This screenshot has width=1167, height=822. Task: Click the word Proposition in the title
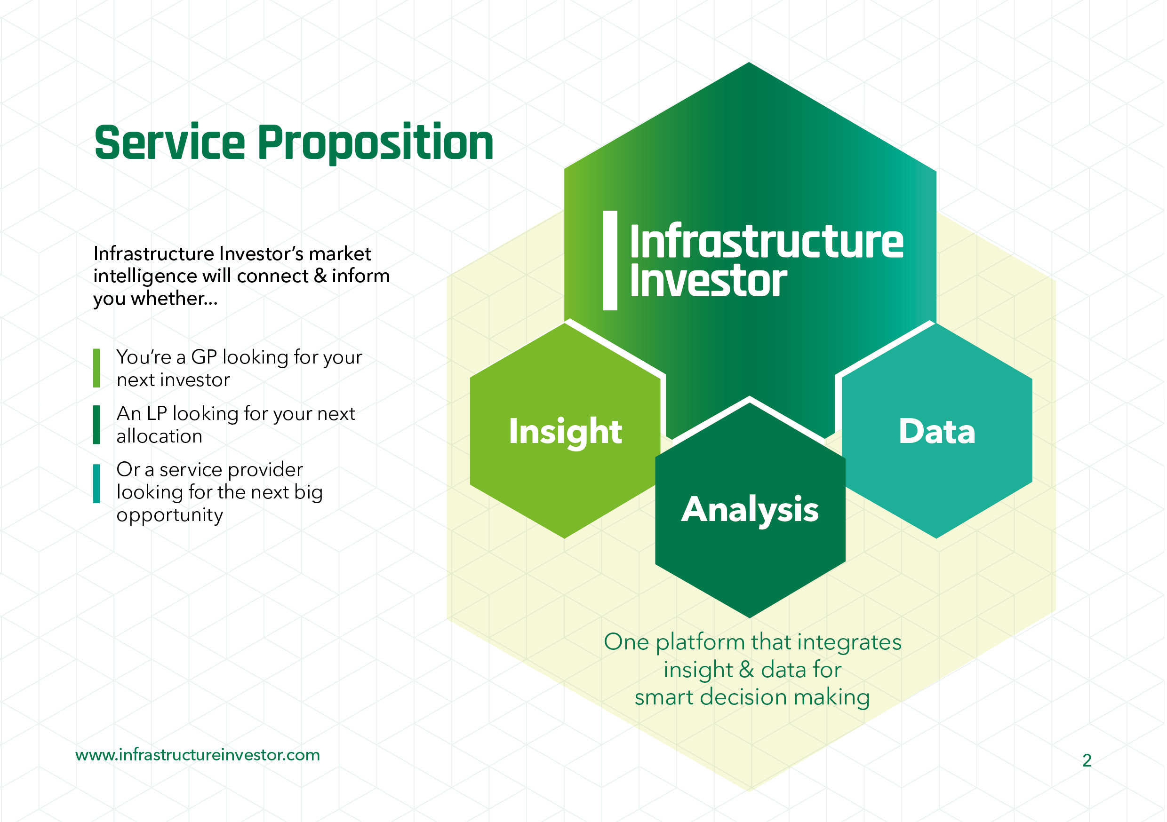(376, 144)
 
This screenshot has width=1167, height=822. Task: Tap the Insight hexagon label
(565, 432)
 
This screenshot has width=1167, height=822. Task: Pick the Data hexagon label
(937, 432)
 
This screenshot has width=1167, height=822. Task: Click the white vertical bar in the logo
(610, 260)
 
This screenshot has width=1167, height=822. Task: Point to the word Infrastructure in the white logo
(767, 241)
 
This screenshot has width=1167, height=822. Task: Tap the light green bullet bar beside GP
(96, 368)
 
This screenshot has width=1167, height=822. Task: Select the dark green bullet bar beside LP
(96, 424)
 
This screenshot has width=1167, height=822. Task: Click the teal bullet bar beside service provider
(96, 483)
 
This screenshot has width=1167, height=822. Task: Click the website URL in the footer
(198, 755)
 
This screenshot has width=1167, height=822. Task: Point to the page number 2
(1087, 760)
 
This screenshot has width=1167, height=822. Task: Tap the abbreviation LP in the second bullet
(157, 413)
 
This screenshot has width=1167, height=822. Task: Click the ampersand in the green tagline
(746, 670)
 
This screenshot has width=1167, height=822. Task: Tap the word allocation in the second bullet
(160, 436)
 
